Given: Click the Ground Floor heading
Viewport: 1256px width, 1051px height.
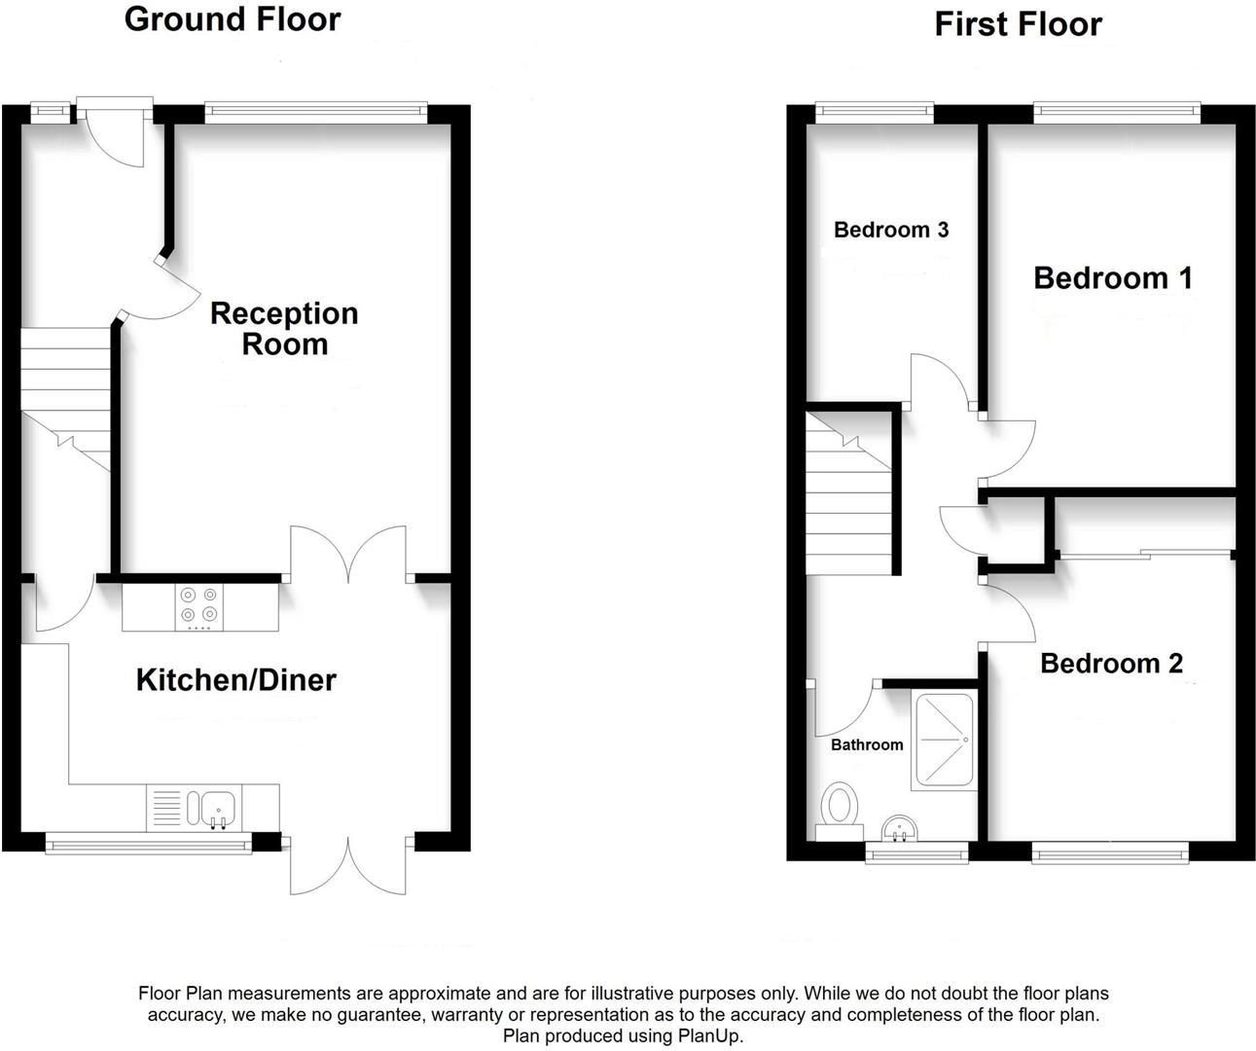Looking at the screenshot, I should tap(233, 19).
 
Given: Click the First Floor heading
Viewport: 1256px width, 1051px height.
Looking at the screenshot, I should tap(1018, 24).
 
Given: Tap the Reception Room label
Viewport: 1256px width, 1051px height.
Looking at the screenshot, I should tap(284, 328).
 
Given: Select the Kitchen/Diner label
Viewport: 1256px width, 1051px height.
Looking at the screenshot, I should tap(235, 679).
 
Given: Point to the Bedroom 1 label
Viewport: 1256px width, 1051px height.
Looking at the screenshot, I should tap(1112, 278).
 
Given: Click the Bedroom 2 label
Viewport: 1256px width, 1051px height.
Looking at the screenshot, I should tap(1111, 664).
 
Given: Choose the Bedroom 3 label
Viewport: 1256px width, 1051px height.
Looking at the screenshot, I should tap(890, 230).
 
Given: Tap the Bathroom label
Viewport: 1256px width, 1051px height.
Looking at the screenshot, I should tap(866, 744).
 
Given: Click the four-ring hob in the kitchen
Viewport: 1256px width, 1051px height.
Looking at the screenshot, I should tap(199, 605).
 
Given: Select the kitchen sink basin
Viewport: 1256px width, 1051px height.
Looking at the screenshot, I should tap(217, 808).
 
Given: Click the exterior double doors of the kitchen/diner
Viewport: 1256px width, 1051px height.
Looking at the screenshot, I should tap(348, 865).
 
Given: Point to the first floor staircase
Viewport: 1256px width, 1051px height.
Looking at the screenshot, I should tap(848, 496).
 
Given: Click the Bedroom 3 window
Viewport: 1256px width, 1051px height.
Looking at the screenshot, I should tap(874, 112).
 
